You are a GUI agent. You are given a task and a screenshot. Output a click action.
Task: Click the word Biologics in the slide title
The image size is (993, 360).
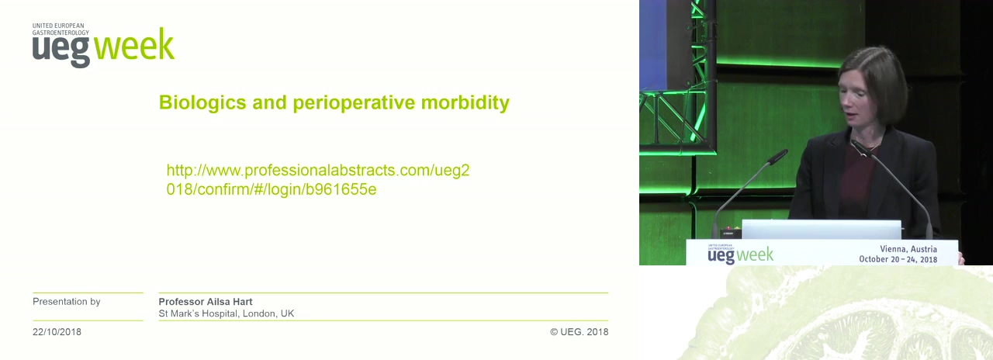tap(202, 103)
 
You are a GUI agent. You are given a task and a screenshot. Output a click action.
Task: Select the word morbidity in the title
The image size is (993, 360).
tap(465, 103)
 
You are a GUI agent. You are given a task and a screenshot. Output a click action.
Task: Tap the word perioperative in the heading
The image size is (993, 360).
tap(354, 103)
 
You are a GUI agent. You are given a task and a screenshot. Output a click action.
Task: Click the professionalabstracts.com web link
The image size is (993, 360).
tap(318, 179)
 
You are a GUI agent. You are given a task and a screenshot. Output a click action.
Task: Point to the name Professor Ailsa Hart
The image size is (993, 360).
tap(206, 302)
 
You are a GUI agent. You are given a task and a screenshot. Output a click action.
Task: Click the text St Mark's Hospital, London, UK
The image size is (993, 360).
tap(227, 313)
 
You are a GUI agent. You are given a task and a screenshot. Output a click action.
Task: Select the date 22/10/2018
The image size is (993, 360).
tap(57, 331)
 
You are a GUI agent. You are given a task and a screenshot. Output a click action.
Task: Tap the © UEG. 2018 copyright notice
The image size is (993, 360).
tap(579, 331)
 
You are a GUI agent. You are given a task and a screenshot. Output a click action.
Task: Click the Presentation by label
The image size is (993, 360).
tap(67, 302)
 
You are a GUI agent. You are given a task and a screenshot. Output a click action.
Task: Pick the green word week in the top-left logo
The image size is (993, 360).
tap(134, 44)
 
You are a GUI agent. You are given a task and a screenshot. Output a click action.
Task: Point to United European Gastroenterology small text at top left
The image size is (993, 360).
tap(61, 29)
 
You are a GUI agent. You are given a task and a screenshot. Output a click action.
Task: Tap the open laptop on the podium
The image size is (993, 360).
tap(822, 230)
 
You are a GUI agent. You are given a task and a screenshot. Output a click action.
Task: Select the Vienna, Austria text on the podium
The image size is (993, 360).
tap(908, 249)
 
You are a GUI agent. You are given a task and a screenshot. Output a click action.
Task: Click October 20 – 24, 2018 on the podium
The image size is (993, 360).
tap(898, 259)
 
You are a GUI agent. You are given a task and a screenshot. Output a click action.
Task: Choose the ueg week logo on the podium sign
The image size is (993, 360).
tap(740, 254)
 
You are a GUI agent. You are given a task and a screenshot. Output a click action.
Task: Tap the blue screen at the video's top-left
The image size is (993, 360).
tap(652, 44)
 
